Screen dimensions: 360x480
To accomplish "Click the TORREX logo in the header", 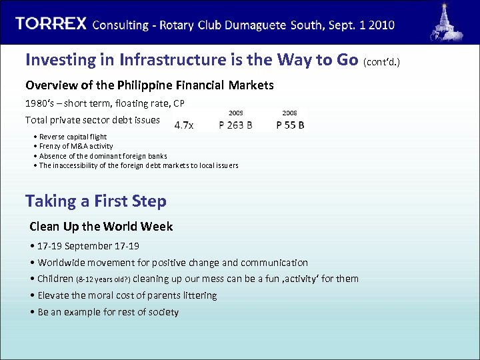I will [x=51, y=24].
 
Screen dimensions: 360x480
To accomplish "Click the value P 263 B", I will [x=235, y=125].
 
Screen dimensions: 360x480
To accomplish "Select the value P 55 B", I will [x=290, y=125].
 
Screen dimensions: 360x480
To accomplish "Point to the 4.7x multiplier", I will [x=184, y=125].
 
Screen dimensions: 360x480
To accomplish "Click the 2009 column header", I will [x=235, y=113].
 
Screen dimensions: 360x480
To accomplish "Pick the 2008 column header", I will [x=289, y=113].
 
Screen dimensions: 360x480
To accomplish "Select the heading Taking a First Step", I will [x=96, y=201].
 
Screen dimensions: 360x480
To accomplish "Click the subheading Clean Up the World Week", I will [x=101, y=227].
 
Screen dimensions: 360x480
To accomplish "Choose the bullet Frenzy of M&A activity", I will [x=75, y=146].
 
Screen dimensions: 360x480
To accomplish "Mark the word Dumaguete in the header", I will [x=251, y=25].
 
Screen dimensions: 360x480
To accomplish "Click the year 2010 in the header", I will [x=381, y=25].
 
